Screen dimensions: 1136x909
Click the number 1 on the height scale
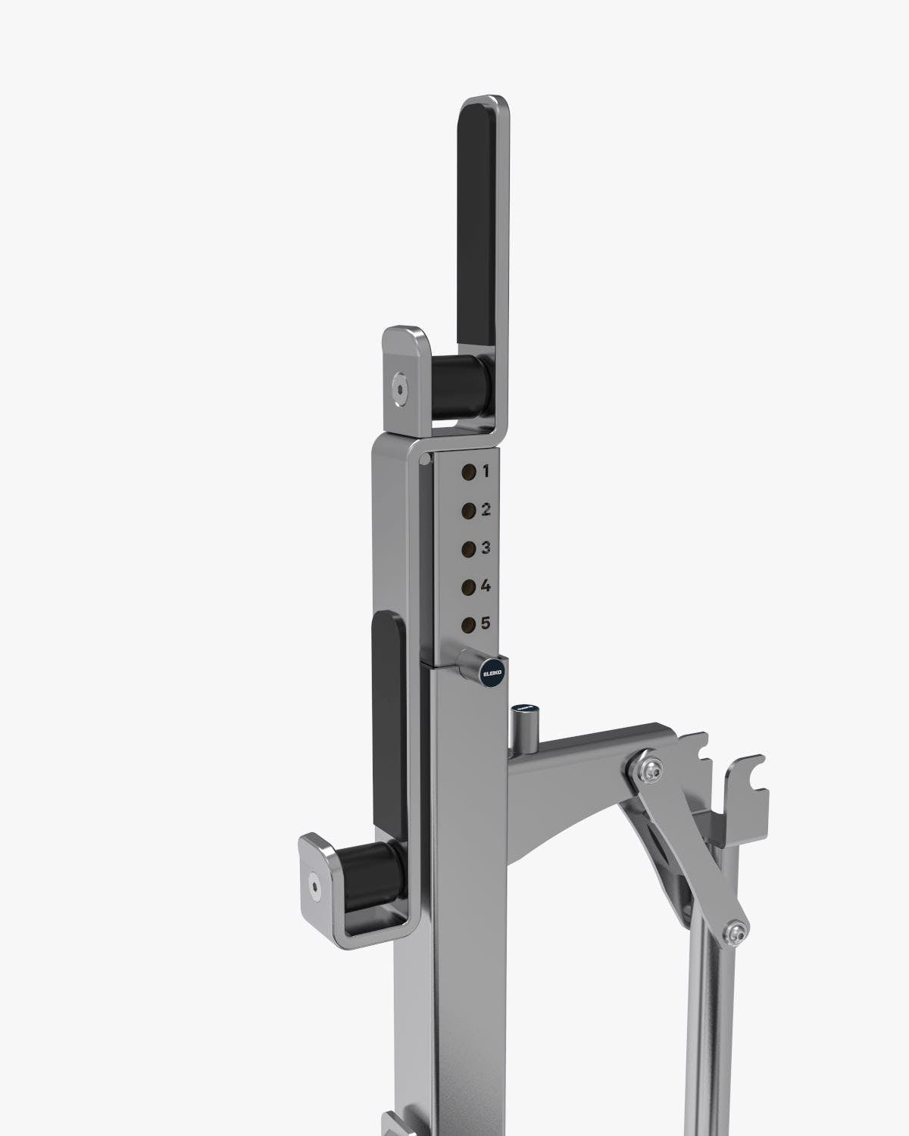coord(486,471)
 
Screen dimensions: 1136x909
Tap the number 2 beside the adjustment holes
coord(486,509)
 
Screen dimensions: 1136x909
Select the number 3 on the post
coord(486,547)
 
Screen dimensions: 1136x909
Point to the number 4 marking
coord(486,585)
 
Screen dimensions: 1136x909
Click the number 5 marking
coord(486,623)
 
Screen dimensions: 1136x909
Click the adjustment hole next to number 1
coord(469,472)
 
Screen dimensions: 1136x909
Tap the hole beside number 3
coord(469,548)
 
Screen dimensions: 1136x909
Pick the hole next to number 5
coord(469,625)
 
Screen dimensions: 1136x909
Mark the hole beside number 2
coord(469,510)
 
